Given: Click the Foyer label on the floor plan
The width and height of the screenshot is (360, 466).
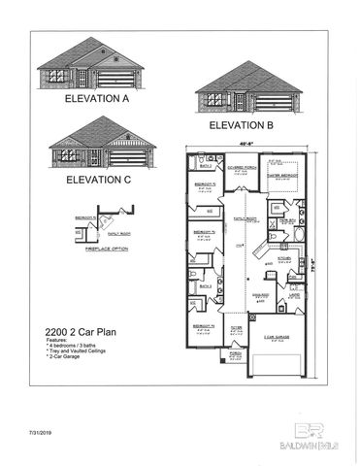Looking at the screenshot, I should click(x=237, y=329).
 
